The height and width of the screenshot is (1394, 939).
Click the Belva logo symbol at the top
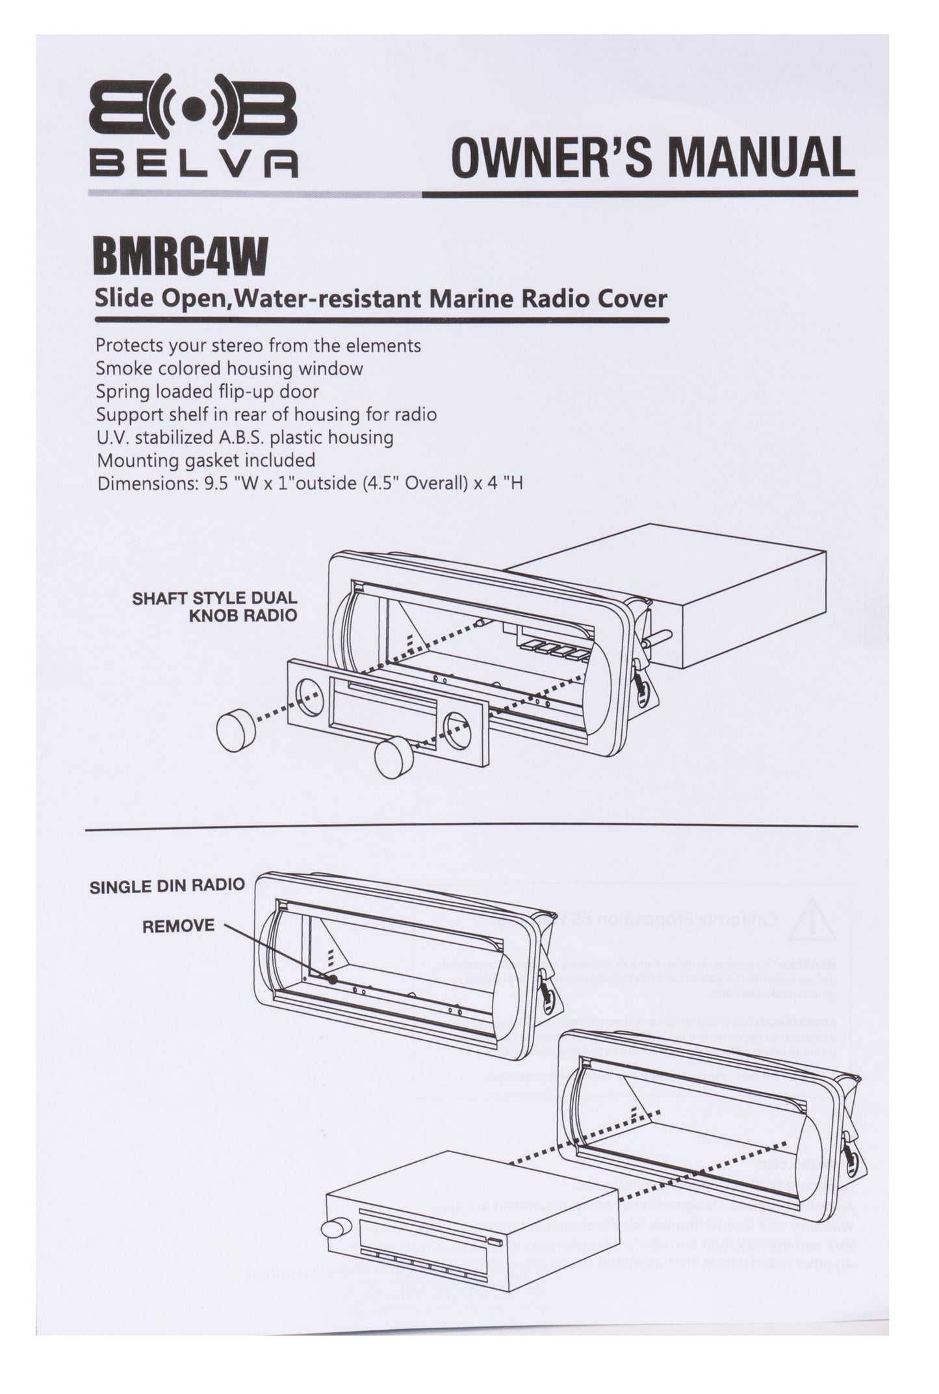point(193,112)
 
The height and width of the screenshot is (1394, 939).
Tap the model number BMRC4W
point(181,258)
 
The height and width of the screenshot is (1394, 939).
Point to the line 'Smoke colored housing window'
point(229,368)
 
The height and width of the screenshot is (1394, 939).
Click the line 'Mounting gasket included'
point(205,461)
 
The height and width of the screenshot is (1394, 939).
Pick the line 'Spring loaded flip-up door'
point(207,392)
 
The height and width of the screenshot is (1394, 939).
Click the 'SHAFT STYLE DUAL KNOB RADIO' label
point(215,606)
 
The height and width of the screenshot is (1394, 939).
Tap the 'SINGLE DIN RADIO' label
point(167,884)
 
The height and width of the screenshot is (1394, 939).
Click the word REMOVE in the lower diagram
point(178,925)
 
